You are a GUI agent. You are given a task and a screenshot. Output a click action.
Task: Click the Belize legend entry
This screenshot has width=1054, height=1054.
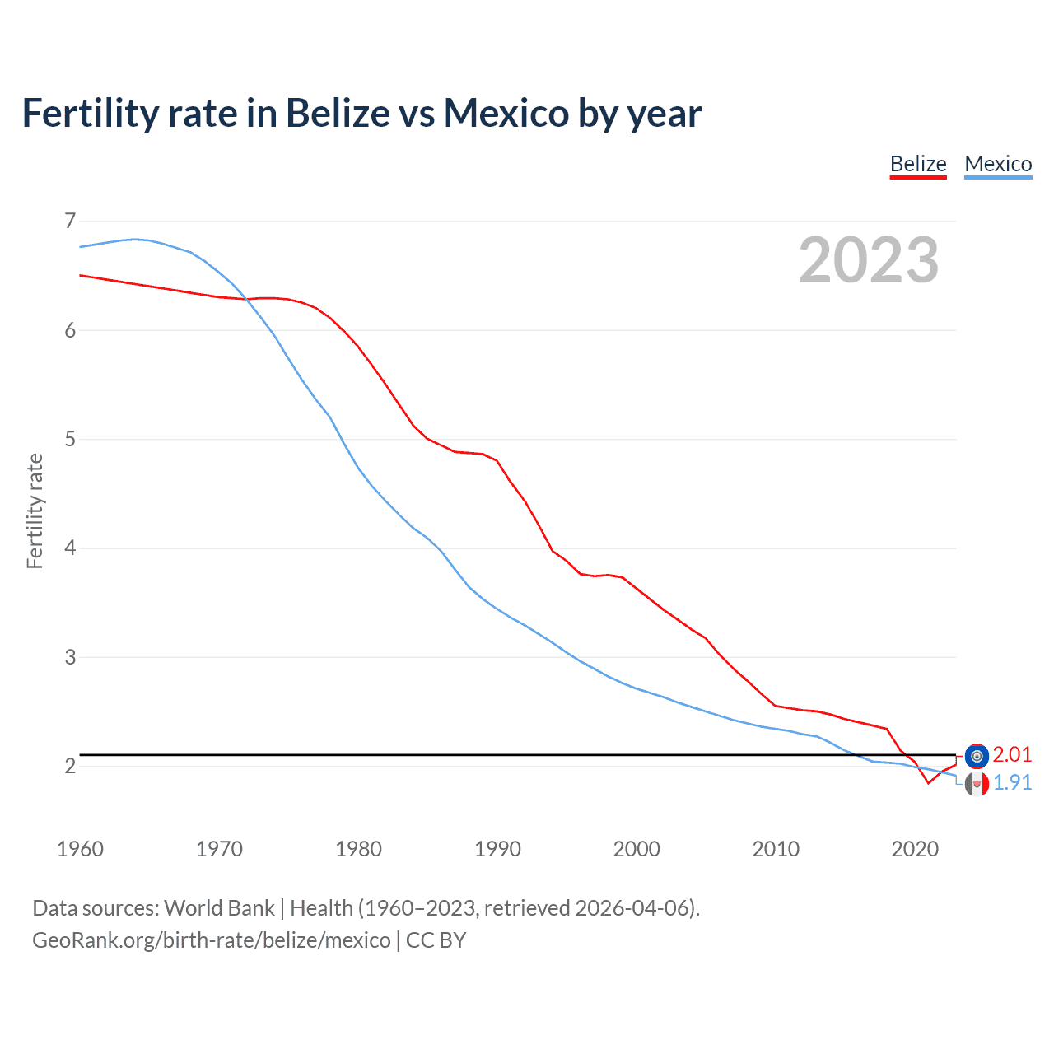pos(918,165)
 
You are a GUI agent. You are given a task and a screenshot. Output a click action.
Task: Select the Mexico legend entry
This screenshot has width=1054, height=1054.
pos(998,165)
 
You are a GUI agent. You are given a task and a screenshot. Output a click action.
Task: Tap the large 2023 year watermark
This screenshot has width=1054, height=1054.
pos(869,260)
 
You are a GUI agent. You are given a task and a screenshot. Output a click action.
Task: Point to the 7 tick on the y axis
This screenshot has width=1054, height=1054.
pos(70,221)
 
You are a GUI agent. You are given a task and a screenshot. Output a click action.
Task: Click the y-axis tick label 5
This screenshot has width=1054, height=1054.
pos(70,439)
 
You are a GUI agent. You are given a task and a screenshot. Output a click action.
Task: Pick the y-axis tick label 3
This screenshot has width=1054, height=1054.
pos(70,657)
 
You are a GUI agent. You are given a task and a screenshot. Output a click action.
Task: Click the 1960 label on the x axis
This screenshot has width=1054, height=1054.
pos(80,849)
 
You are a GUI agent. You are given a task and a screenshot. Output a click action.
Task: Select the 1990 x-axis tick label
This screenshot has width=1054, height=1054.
pos(497,849)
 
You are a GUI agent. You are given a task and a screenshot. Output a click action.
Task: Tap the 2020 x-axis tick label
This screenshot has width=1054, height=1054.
pos(915,849)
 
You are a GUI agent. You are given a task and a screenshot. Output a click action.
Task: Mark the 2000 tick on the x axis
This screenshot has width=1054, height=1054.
pos(637,849)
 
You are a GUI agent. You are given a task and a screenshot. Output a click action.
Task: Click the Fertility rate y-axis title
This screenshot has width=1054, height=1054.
pos(35,511)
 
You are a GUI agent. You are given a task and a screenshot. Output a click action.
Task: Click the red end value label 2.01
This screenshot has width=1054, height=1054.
pos(1012,755)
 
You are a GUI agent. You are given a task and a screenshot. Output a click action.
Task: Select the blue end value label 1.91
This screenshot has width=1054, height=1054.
pos(1012,782)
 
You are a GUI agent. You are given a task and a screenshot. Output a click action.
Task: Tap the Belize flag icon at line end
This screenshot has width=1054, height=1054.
pos(977,756)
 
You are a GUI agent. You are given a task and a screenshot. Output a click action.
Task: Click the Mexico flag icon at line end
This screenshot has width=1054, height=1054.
pos(977,784)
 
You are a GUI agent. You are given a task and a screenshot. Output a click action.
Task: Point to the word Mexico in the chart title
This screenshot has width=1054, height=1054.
pos(506,113)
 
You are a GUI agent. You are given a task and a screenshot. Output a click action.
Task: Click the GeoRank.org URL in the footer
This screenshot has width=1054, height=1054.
pos(212,940)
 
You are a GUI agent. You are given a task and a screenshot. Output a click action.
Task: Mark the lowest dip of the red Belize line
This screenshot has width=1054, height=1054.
pos(928,783)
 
